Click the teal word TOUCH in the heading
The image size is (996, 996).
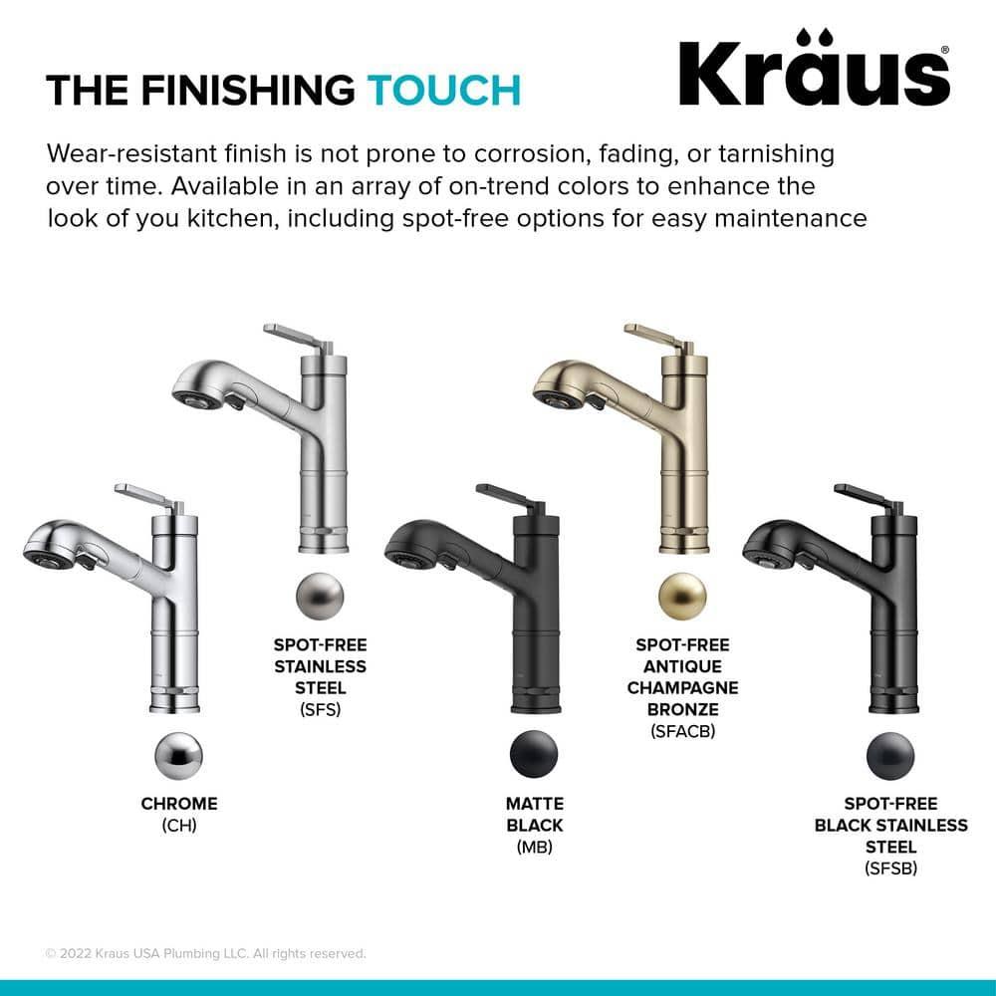tap(444, 91)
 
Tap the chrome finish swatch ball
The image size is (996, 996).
tap(178, 756)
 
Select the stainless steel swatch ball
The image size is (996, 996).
tap(320, 597)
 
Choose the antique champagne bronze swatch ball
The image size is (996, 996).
tap(682, 597)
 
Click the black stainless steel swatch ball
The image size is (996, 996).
tap(890, 756)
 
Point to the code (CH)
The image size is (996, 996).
tap(178, 826)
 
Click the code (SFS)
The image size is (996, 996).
tap(320, 709)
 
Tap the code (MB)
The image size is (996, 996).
tap(534, 848)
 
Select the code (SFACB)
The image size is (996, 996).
tap(682, 732)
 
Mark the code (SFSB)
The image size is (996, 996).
tap(890, 870)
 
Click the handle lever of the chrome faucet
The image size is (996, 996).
tap(138, 492)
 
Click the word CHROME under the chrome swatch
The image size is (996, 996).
tap(178, 804)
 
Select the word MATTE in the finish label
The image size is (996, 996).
tap(534, 804)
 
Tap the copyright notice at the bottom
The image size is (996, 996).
tap(206, 953)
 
